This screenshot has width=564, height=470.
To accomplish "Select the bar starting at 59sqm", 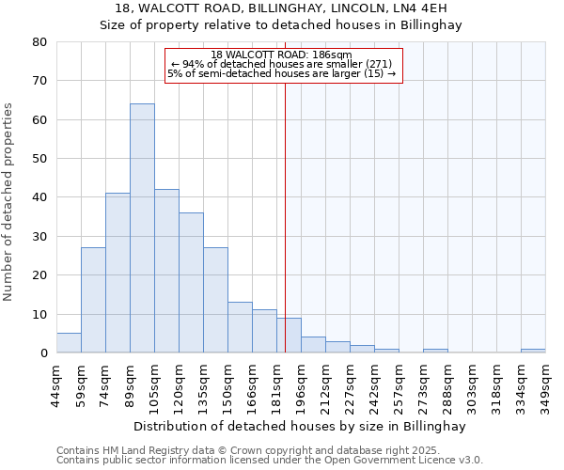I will (93, 300).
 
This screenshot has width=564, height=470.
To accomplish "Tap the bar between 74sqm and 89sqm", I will (117, 273).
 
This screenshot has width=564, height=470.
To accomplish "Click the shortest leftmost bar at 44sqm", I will (69, 343).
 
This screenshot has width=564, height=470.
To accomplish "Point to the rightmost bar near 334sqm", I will (532, 351).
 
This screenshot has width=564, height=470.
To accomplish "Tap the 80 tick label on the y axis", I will (39, 42).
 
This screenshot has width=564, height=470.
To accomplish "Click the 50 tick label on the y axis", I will (39, 159).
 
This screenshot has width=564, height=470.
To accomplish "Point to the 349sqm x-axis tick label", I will (545, 386).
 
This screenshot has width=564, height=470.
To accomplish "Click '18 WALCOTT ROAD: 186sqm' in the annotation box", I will (281, 55).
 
